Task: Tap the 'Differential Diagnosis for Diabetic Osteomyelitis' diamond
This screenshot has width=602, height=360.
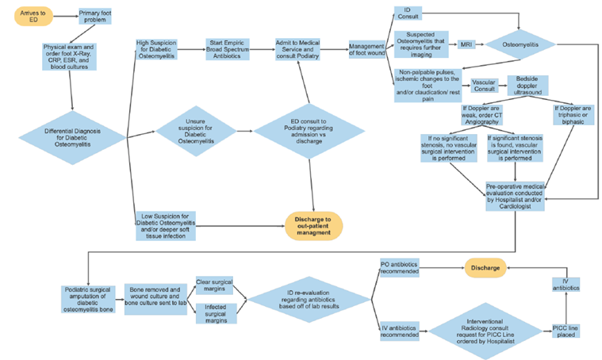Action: tap(72, 136)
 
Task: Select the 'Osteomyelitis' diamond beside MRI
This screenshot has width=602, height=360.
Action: tap(520, 44)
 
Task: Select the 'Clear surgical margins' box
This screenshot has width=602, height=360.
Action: tap(215, 285)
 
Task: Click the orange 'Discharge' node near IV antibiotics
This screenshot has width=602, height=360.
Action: tap(485, 268)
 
